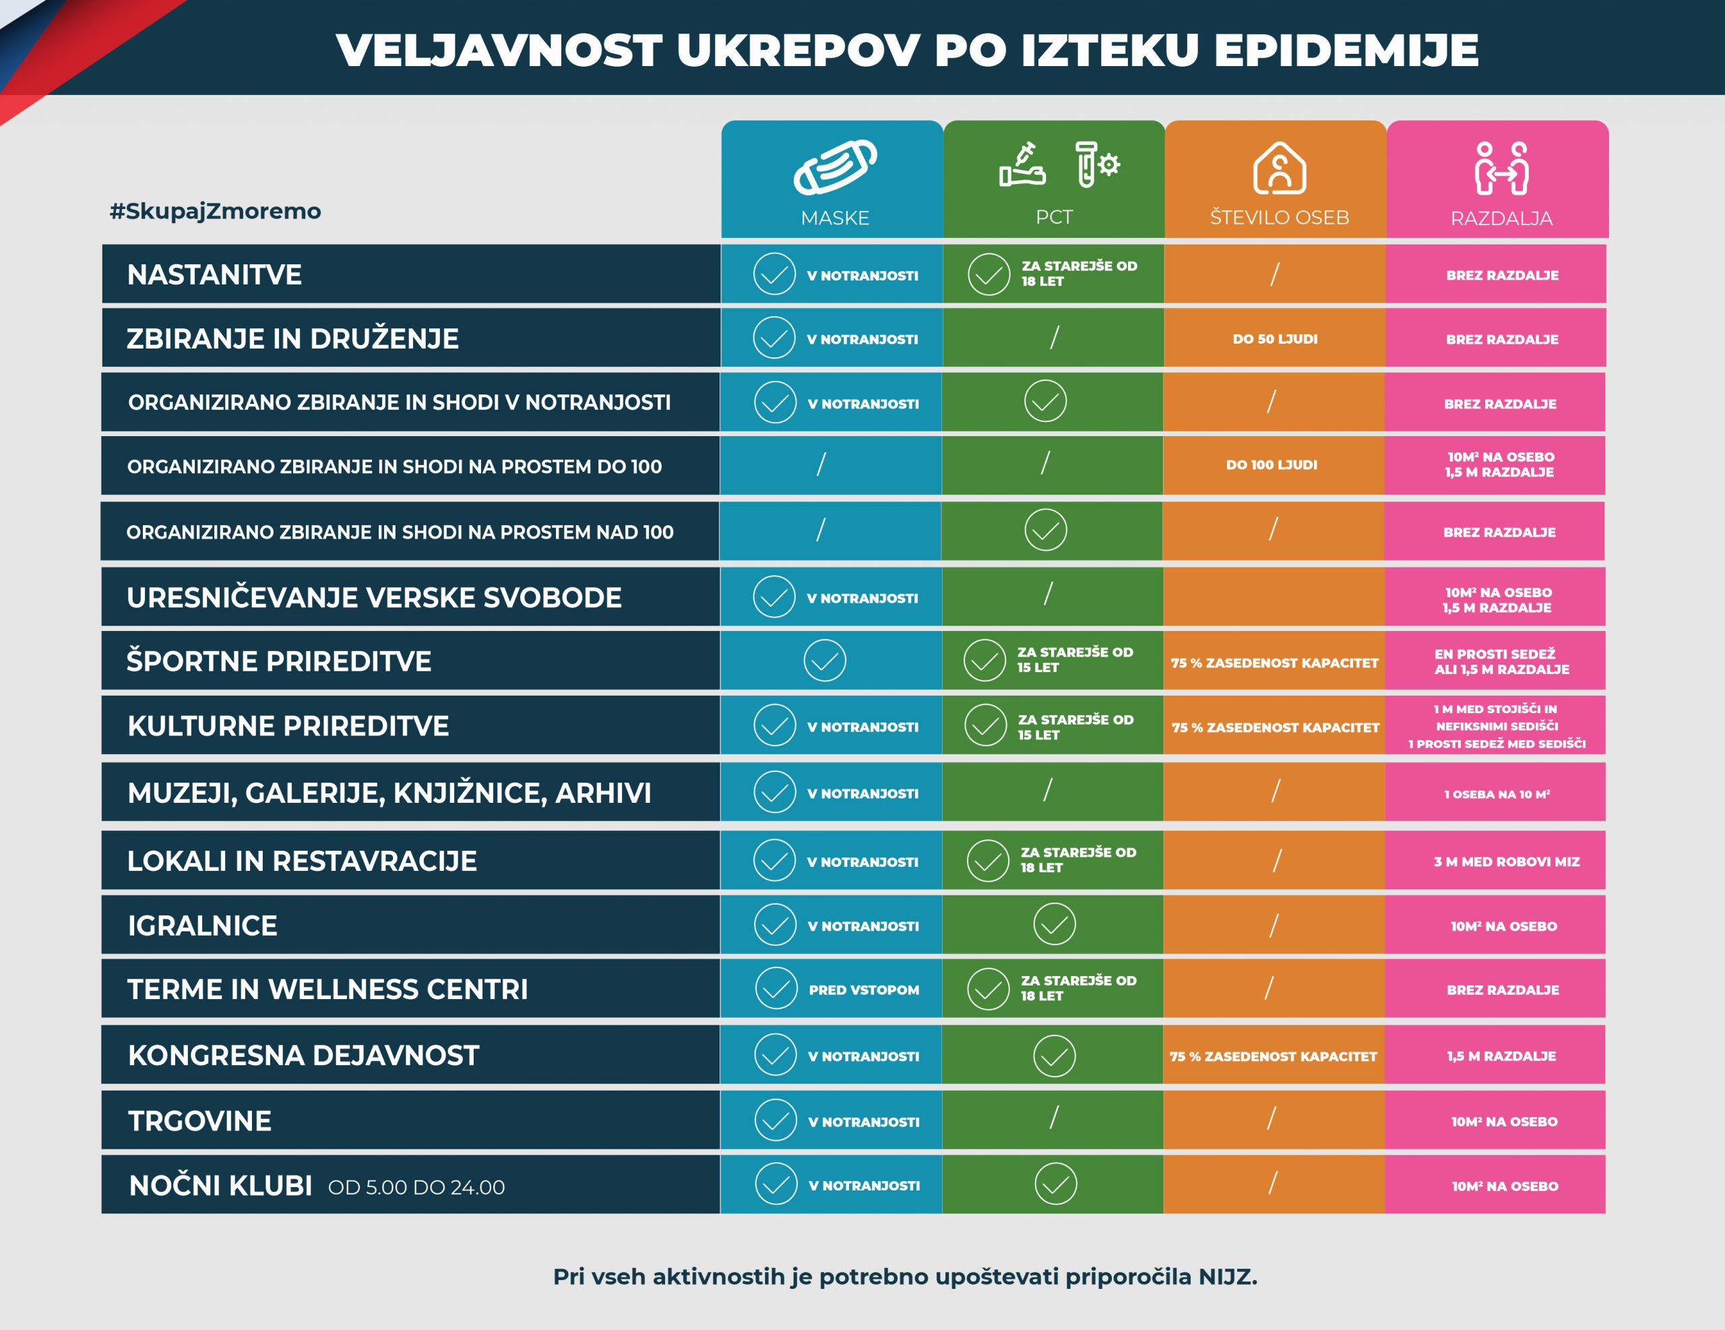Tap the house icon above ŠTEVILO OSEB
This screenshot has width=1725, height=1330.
point(1279,168)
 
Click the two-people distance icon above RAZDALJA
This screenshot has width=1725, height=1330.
point(1501,168)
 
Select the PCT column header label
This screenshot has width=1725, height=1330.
point(1054,217)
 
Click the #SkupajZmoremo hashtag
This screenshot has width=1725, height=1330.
point(215,211)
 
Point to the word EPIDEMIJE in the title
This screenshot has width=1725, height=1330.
point(1345,51)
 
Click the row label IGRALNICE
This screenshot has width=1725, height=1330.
point(202,926)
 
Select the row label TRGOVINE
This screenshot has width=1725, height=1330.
point(200,1120)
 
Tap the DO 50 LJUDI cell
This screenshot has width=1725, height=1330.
point(1275,339)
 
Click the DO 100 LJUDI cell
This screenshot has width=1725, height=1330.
point(1272,464)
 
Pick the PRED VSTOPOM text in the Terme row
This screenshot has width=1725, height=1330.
point(863,990)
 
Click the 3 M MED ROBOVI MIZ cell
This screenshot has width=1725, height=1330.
point(1506,862)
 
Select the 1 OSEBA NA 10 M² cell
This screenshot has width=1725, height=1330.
point(1497,794)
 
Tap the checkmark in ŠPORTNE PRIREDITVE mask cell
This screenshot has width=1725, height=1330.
point(825,661)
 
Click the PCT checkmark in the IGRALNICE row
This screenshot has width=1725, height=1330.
point(1055,924)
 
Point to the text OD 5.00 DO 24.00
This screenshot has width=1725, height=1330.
point(416,1187)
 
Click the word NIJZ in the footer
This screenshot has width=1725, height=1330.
point(1228,1276)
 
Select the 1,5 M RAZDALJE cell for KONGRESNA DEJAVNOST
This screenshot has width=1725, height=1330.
point(1501,1056)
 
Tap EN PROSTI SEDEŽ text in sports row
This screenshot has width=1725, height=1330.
point(1495,655)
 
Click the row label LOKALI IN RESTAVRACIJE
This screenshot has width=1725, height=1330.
point(302,861)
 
